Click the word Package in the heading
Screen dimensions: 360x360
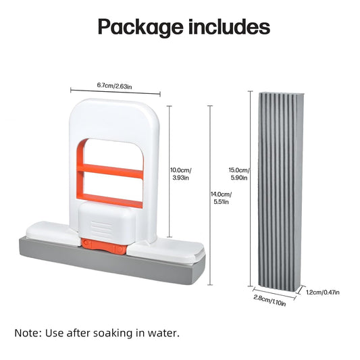(x=140, y=28)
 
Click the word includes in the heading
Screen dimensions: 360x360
(x=229, y=26)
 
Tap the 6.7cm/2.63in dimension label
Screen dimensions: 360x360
(x=114, y=86)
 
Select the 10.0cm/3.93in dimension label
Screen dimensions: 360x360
(x=181, y=174)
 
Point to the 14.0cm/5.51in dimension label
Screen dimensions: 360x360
(x=221, y=198)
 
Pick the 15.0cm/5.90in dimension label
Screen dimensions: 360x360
(x=239, y=174)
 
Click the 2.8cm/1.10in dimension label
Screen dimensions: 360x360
(x=269, y=301)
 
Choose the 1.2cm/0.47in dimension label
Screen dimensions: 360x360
(x=323, y=292)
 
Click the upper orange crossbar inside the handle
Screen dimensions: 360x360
(x=110, y=172)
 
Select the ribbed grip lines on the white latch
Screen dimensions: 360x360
(x=101, y=230)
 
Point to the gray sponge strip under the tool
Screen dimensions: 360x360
(x=112, y=261)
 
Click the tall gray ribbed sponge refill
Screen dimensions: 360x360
(x=280, y=190)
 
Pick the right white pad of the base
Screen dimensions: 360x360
(x=165, y=251)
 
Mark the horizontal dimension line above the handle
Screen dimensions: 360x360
(x=115, y=91)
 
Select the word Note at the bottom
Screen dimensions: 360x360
(x=28, y=333)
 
